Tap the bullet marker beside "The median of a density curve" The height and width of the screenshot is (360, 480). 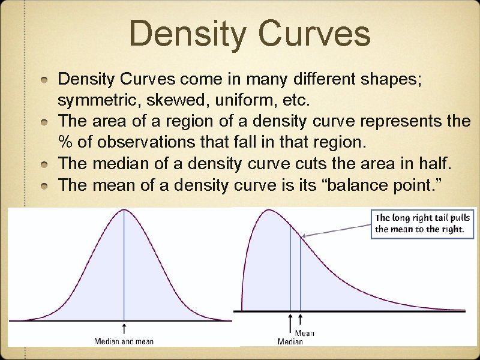coord(46,164)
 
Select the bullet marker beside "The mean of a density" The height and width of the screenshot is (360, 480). coord(46,185)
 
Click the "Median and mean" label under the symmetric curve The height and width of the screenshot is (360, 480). coord(124,341)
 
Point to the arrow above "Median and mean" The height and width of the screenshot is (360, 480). coord(124,328)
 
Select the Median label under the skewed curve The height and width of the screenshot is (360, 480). coord(290,341)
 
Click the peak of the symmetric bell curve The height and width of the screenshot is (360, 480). coord(124,210)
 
